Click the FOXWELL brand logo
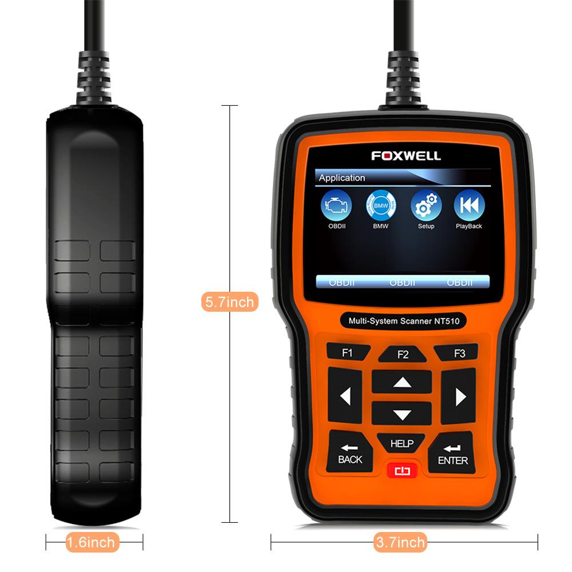click(x=406, y=156)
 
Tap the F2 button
click(x=403, y=354)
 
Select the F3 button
click(x=459, y=353)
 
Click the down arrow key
click(x=402, y=415)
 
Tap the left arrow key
click(x=344, y=396)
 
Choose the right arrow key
click(x=459, y=396)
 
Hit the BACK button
click(x=349, y=452)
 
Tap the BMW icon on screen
click(x=380, y=206)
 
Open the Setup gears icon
click(x=426, y=206)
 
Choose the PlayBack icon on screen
click(x=469, y=206)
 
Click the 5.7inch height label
click(x=229, y=301)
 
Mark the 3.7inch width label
click(x=400, y=542)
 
